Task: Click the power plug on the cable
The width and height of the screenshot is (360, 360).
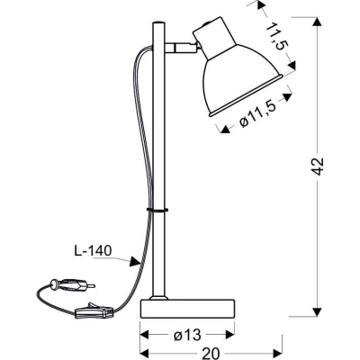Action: point(66,285)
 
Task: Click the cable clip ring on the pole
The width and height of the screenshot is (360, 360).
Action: point(157,210)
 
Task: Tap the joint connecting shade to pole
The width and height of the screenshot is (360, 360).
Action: point(179,43)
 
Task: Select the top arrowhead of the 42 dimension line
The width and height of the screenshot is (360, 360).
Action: point(316,18)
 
